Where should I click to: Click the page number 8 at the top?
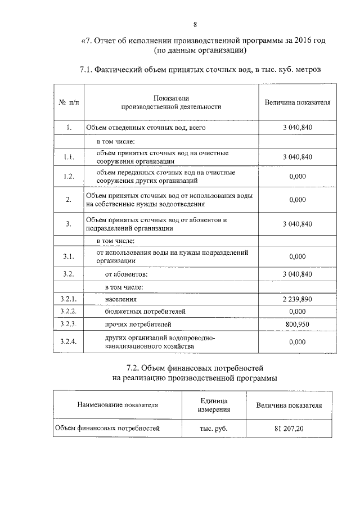click(195, 24)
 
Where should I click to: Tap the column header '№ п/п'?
click(69, 102)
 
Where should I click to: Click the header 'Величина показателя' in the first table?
click(297, 102)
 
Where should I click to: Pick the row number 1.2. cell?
click(69, 176)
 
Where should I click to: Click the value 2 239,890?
click(297, 299)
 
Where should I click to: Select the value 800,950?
click(297, 325)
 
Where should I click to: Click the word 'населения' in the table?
click(121, 299)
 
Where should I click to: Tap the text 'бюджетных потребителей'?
click(145, 312)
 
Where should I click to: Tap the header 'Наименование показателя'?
click(118, 404)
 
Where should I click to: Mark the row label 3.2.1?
click(69, 299)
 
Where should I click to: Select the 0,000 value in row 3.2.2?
click(297, 312)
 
